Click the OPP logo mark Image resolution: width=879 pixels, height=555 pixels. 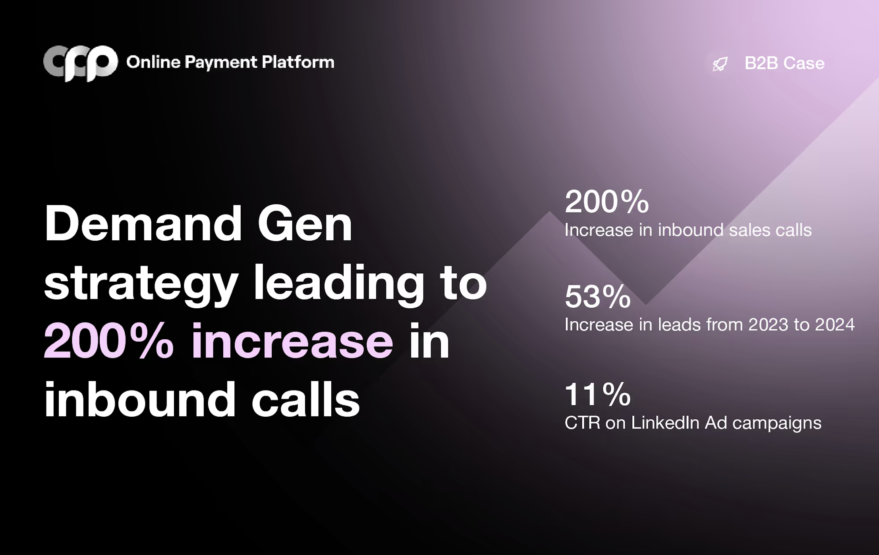[81, 63]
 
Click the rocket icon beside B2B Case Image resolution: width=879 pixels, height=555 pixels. [720, 64]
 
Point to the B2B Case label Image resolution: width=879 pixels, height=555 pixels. [784, 63]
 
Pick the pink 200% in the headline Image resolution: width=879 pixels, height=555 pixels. [109, 340]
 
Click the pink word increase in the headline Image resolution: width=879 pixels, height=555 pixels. [292, 340]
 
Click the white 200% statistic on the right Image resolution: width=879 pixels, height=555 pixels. [607, 201]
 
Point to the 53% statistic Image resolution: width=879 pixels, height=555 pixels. [597, 296]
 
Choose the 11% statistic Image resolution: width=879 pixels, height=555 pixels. [597, 394]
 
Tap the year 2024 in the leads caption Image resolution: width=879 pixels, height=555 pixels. [835, 325]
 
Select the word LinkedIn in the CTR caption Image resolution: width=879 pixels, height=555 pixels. [665, 422]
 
